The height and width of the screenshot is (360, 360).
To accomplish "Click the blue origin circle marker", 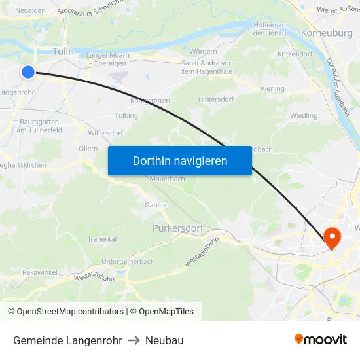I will pos(27,72).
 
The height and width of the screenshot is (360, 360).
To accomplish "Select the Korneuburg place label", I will pos(327,33).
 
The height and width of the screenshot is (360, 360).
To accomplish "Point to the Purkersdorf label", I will pos(177,229).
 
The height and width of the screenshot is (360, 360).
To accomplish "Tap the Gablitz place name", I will pos(156,205).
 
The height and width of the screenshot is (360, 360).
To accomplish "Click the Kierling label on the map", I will pos(272,88).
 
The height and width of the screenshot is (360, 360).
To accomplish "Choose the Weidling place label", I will pos(303,115).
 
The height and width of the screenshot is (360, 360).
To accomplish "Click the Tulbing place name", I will pos(126,115).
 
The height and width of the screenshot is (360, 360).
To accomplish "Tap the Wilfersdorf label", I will pos(105,133).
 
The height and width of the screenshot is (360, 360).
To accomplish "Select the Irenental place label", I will pos(102,240).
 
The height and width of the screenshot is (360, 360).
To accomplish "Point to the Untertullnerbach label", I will pos(128,261).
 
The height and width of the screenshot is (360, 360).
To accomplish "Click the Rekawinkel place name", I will pos(39,272).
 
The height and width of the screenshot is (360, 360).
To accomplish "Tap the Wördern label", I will pos(203,51).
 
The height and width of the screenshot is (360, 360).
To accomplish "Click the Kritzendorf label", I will pos(295,54).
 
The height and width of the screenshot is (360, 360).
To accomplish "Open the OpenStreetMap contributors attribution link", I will pos(67,312).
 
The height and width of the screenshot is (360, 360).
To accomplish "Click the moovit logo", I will pos(320,339).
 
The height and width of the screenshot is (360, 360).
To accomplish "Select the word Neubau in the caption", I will pos(164,340).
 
